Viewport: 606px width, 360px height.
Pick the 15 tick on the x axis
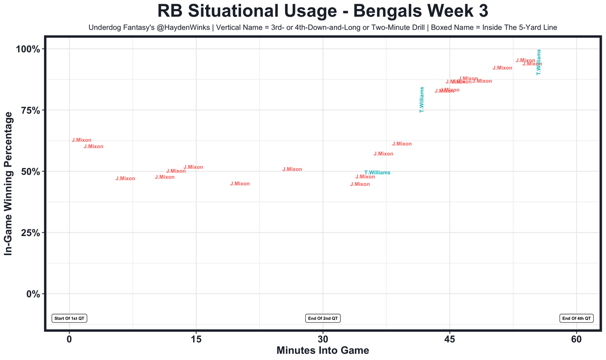196,339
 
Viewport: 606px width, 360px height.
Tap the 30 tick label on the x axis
323,339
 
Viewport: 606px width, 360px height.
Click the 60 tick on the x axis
576,339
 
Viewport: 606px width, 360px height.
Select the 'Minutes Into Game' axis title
322,351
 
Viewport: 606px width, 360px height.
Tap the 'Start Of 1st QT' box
69,318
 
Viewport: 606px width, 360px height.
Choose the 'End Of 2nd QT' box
323,318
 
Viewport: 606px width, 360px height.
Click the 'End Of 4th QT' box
576,318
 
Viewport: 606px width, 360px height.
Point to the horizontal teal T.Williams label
377,173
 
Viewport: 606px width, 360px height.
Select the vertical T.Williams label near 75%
422,99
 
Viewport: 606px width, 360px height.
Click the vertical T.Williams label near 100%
538,62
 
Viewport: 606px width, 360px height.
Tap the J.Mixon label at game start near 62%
81,140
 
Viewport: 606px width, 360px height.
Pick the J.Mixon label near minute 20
240,184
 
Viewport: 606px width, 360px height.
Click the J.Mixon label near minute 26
292,169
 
